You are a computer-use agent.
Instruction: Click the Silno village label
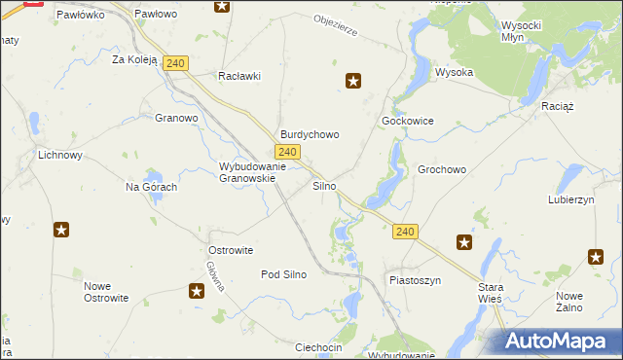(x=324, y=185)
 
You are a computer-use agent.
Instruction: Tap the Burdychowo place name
(x=310, y=134)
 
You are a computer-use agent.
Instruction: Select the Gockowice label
(x=407, y=121)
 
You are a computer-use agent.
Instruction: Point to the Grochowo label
(x=442, y=169)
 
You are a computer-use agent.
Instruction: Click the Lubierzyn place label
(x=571, y=198)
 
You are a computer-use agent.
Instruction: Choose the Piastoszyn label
(x=415, y=280)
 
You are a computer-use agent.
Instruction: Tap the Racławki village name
(x=239, y=76)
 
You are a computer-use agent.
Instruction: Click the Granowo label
(x=176, y=119)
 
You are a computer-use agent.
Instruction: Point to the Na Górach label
(x=151, y=187)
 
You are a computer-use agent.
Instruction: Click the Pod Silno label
(x=283, y=274)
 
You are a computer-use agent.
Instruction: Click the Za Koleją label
(x=134, y=59)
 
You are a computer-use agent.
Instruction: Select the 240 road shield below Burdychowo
(x=286, y=153)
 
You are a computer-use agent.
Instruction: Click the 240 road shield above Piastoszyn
(x=407, y=232)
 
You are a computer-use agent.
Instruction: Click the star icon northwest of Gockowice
(x=354, y=82)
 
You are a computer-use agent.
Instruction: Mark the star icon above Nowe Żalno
(x=596, y=256)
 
